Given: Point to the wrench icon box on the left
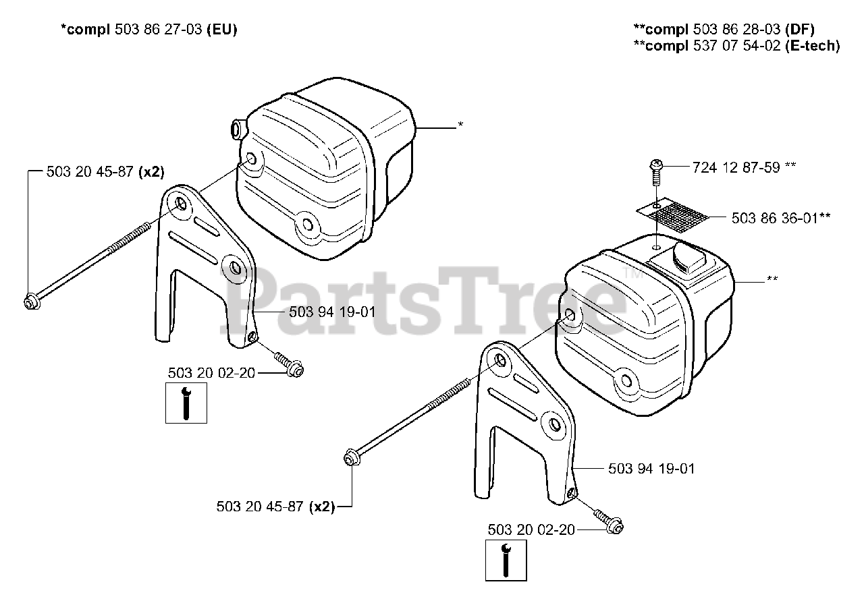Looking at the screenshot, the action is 186,403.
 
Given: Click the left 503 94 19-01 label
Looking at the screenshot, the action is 332,312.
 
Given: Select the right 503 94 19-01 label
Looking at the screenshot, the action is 651,468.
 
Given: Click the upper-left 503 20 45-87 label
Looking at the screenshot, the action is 90,171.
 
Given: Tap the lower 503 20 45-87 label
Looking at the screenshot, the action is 261,506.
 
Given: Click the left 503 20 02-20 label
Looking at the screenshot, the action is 211,372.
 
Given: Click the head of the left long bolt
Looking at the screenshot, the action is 30,302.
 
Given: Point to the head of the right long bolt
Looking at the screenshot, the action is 350,458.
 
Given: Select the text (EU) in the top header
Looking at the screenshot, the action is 221,30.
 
